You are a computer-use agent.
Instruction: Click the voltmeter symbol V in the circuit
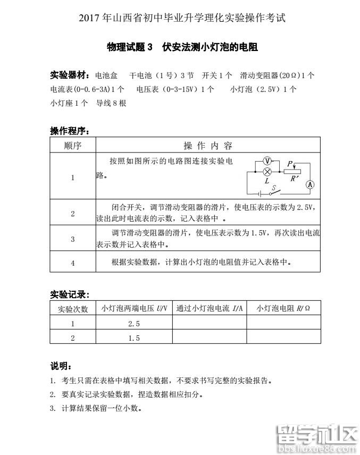tap(268, 161)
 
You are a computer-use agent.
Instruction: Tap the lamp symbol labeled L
tap(268, 171)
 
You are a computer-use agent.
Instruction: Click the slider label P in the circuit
tap(290, 164)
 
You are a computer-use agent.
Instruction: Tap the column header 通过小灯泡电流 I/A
tap(209, 308)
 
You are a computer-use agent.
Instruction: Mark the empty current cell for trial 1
tap(209, 323)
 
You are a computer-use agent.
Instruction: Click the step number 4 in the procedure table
tap(73, 263)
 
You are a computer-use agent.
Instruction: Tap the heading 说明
tap(60, 366)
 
